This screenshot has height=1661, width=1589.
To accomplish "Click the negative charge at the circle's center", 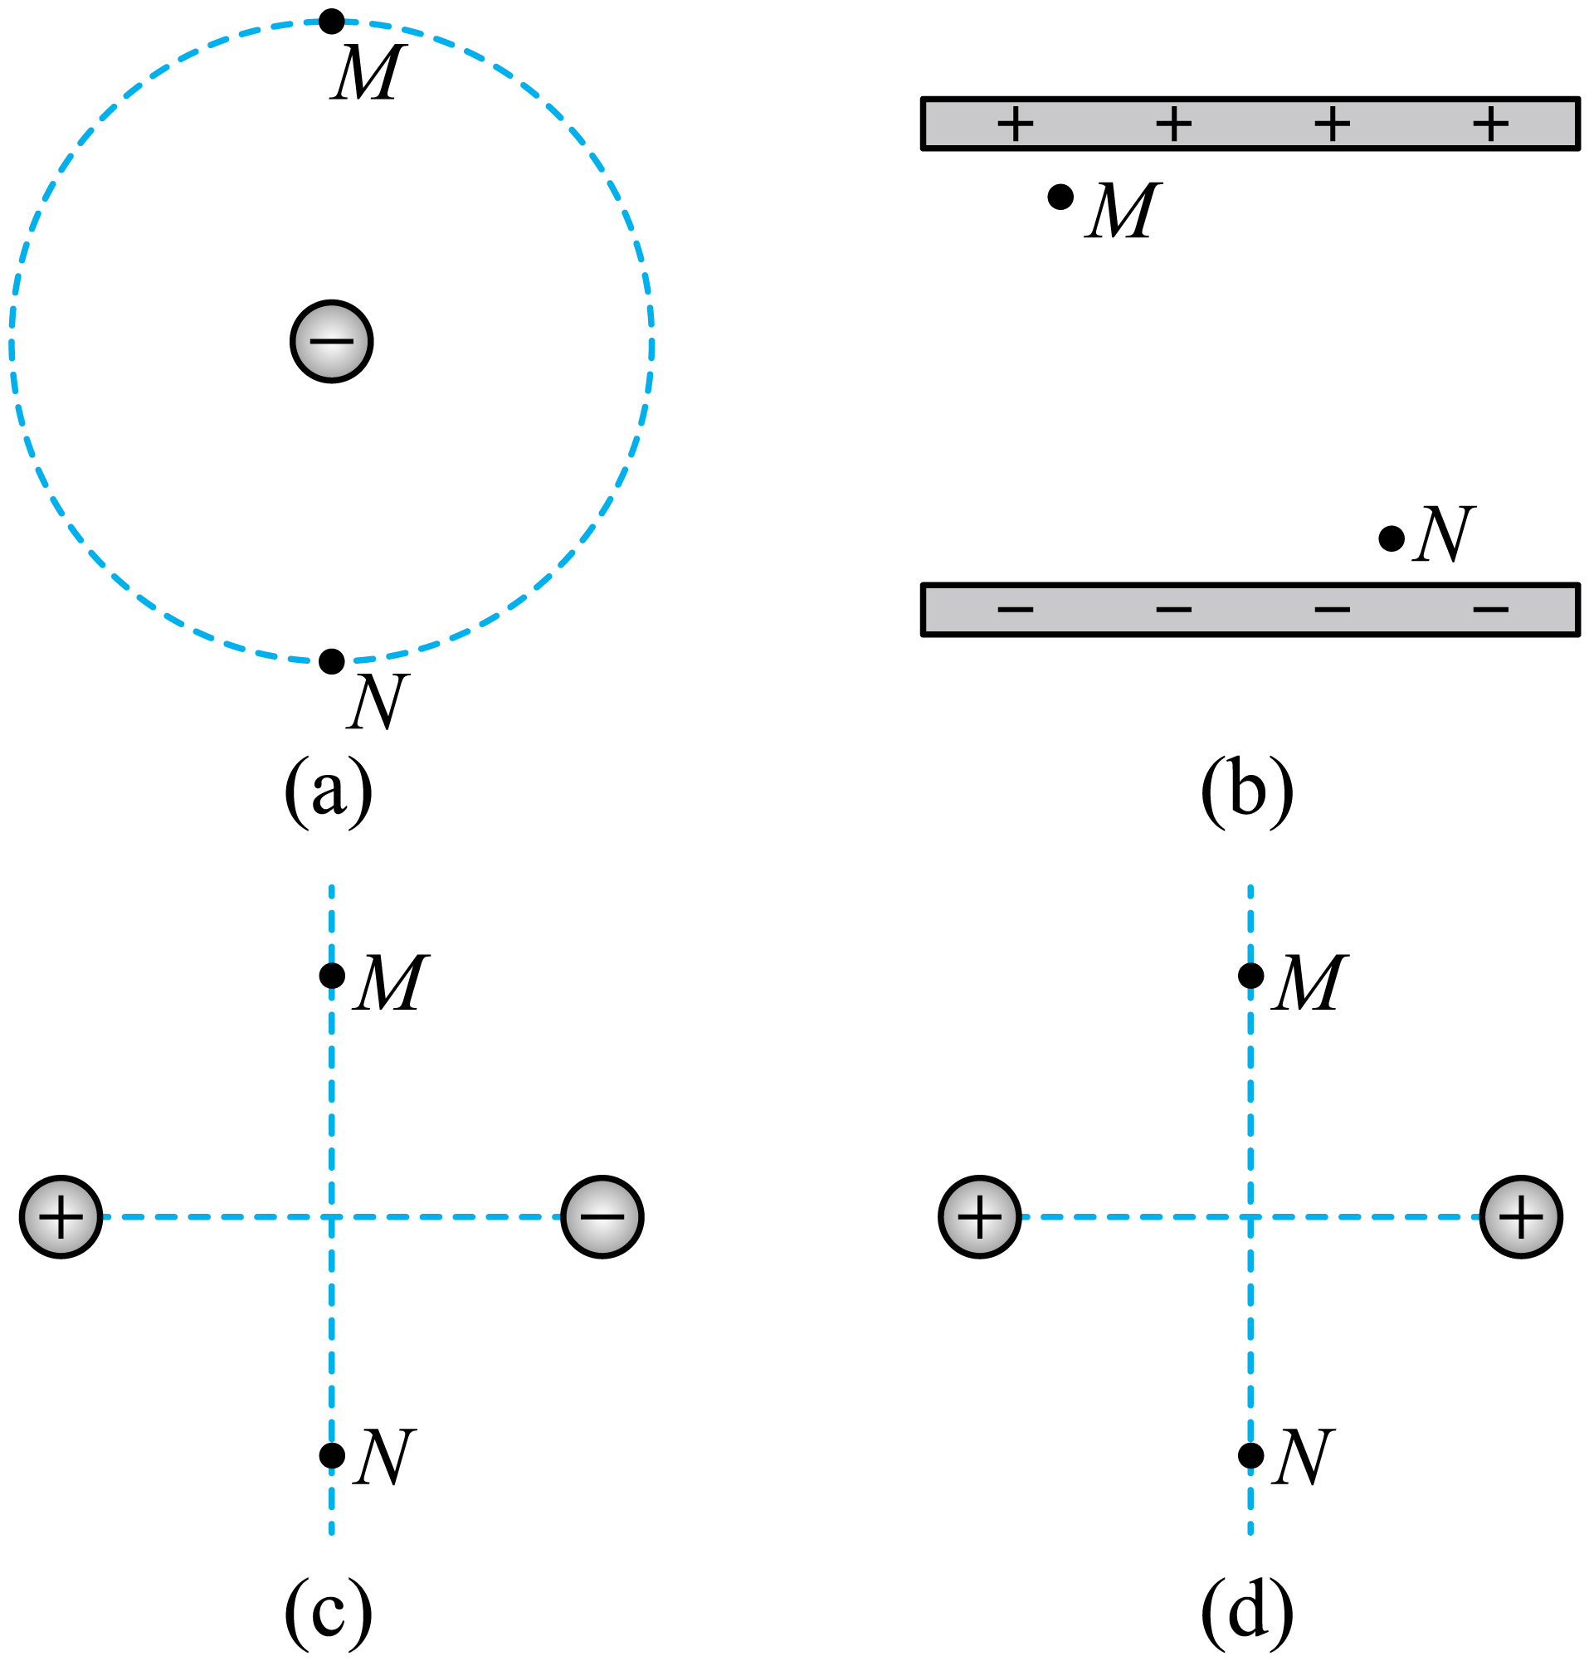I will tap(331, 341).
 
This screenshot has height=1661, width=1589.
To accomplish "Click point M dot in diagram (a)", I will tap(331, 22).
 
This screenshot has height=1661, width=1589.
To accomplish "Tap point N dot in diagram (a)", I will tap(331, 660).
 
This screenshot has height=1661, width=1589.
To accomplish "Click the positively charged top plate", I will tap(1250, 124).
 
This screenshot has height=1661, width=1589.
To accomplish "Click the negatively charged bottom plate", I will tap(1250, 610).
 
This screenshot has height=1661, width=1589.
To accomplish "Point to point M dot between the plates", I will tap(1060, 197).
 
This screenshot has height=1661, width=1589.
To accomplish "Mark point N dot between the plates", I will tap(1392, 538).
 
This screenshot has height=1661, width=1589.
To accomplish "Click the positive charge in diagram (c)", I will tap(61, 1217).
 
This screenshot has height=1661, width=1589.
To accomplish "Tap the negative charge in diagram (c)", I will tap(602, 1217).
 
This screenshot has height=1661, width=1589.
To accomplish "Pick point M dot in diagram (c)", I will tap(332, 976).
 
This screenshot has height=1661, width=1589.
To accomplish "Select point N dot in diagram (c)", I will tap(332, 1455).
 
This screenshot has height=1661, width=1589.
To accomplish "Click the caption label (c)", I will tap(329, 1614).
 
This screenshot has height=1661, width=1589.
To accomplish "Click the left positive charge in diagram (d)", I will tap(980, 1217).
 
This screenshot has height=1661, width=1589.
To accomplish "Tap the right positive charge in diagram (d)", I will tap(1521, 1217).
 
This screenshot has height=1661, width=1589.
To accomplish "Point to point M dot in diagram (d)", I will tap(1251, 976).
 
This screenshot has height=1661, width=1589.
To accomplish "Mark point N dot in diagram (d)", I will tap(1251, 1455).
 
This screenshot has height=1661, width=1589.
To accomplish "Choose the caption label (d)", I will tap(1247, 1614).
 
